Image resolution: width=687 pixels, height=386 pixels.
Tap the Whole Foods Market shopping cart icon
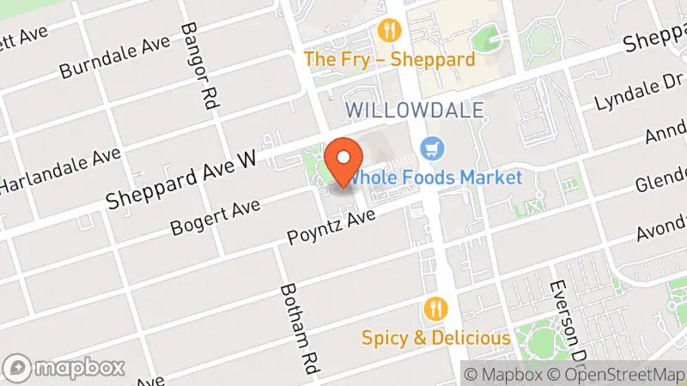[431, 148]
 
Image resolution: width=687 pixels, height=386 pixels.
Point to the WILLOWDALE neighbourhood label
[415, 110]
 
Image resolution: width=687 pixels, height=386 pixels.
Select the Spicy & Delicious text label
[436, 337]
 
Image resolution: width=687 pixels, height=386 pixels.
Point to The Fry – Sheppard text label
[390, 60]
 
